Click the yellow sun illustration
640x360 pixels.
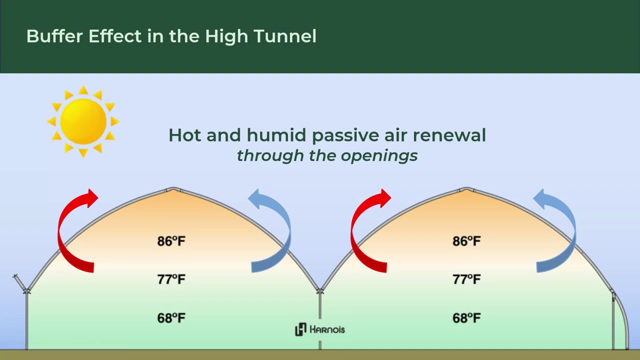click(83, 121)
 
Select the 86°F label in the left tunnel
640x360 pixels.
click(171, 241)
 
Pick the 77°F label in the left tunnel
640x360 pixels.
click(171, 279)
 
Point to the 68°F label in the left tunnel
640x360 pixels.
click(171, 318)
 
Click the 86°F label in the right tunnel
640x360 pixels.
click(466, 241)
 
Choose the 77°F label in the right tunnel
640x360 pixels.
click(466, 279)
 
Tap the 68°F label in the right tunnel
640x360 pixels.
click(466, 318)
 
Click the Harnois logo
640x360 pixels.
click(320, 329)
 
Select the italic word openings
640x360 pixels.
click(379, 155)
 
